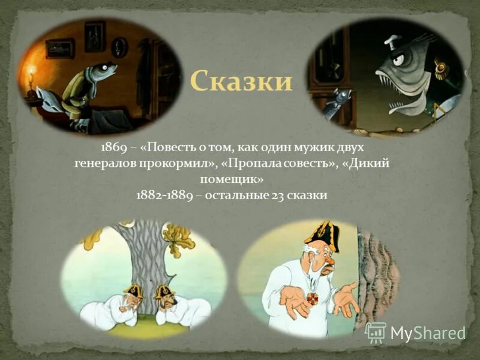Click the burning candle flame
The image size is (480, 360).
(x=31, y=74)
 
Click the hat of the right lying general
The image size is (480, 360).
(x=163, y=292)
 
